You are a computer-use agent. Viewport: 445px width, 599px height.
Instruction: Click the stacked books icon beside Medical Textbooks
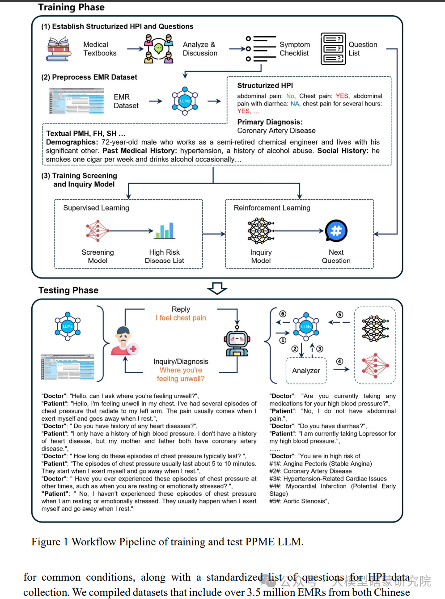click(59, 49)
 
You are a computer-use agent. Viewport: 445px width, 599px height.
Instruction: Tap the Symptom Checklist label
click(295, 49)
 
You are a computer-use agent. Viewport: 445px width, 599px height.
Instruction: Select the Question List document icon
click(333, 49)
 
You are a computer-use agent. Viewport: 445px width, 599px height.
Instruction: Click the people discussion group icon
click(159, 48)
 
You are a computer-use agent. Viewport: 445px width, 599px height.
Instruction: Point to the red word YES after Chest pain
click(342, 96)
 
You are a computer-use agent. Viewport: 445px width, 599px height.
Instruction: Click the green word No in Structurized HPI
click(290, 96)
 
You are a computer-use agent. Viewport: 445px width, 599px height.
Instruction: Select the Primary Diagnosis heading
click(270, 122)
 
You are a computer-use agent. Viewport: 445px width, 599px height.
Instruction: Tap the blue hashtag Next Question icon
click(336, 231)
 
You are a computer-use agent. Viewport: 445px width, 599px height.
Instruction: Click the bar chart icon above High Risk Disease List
click(165, 231)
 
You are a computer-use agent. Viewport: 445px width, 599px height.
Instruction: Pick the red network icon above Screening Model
click(97, 231)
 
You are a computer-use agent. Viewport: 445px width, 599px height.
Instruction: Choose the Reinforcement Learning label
click(272, 208)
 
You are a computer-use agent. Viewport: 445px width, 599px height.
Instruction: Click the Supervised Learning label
click(96, 208)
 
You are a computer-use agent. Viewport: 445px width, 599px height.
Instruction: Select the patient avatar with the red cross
click(125, 341)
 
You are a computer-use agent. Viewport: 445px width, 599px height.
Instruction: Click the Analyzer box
click(306, 371)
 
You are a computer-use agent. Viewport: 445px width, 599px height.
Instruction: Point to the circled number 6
click(283, 314)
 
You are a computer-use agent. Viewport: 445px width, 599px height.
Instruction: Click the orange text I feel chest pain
click(181, 318)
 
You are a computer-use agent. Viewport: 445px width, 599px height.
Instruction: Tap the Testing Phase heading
click(68, 290)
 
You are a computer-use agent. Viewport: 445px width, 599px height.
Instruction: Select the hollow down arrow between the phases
click(217, 288)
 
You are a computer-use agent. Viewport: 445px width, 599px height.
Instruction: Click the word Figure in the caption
click(46, 542)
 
